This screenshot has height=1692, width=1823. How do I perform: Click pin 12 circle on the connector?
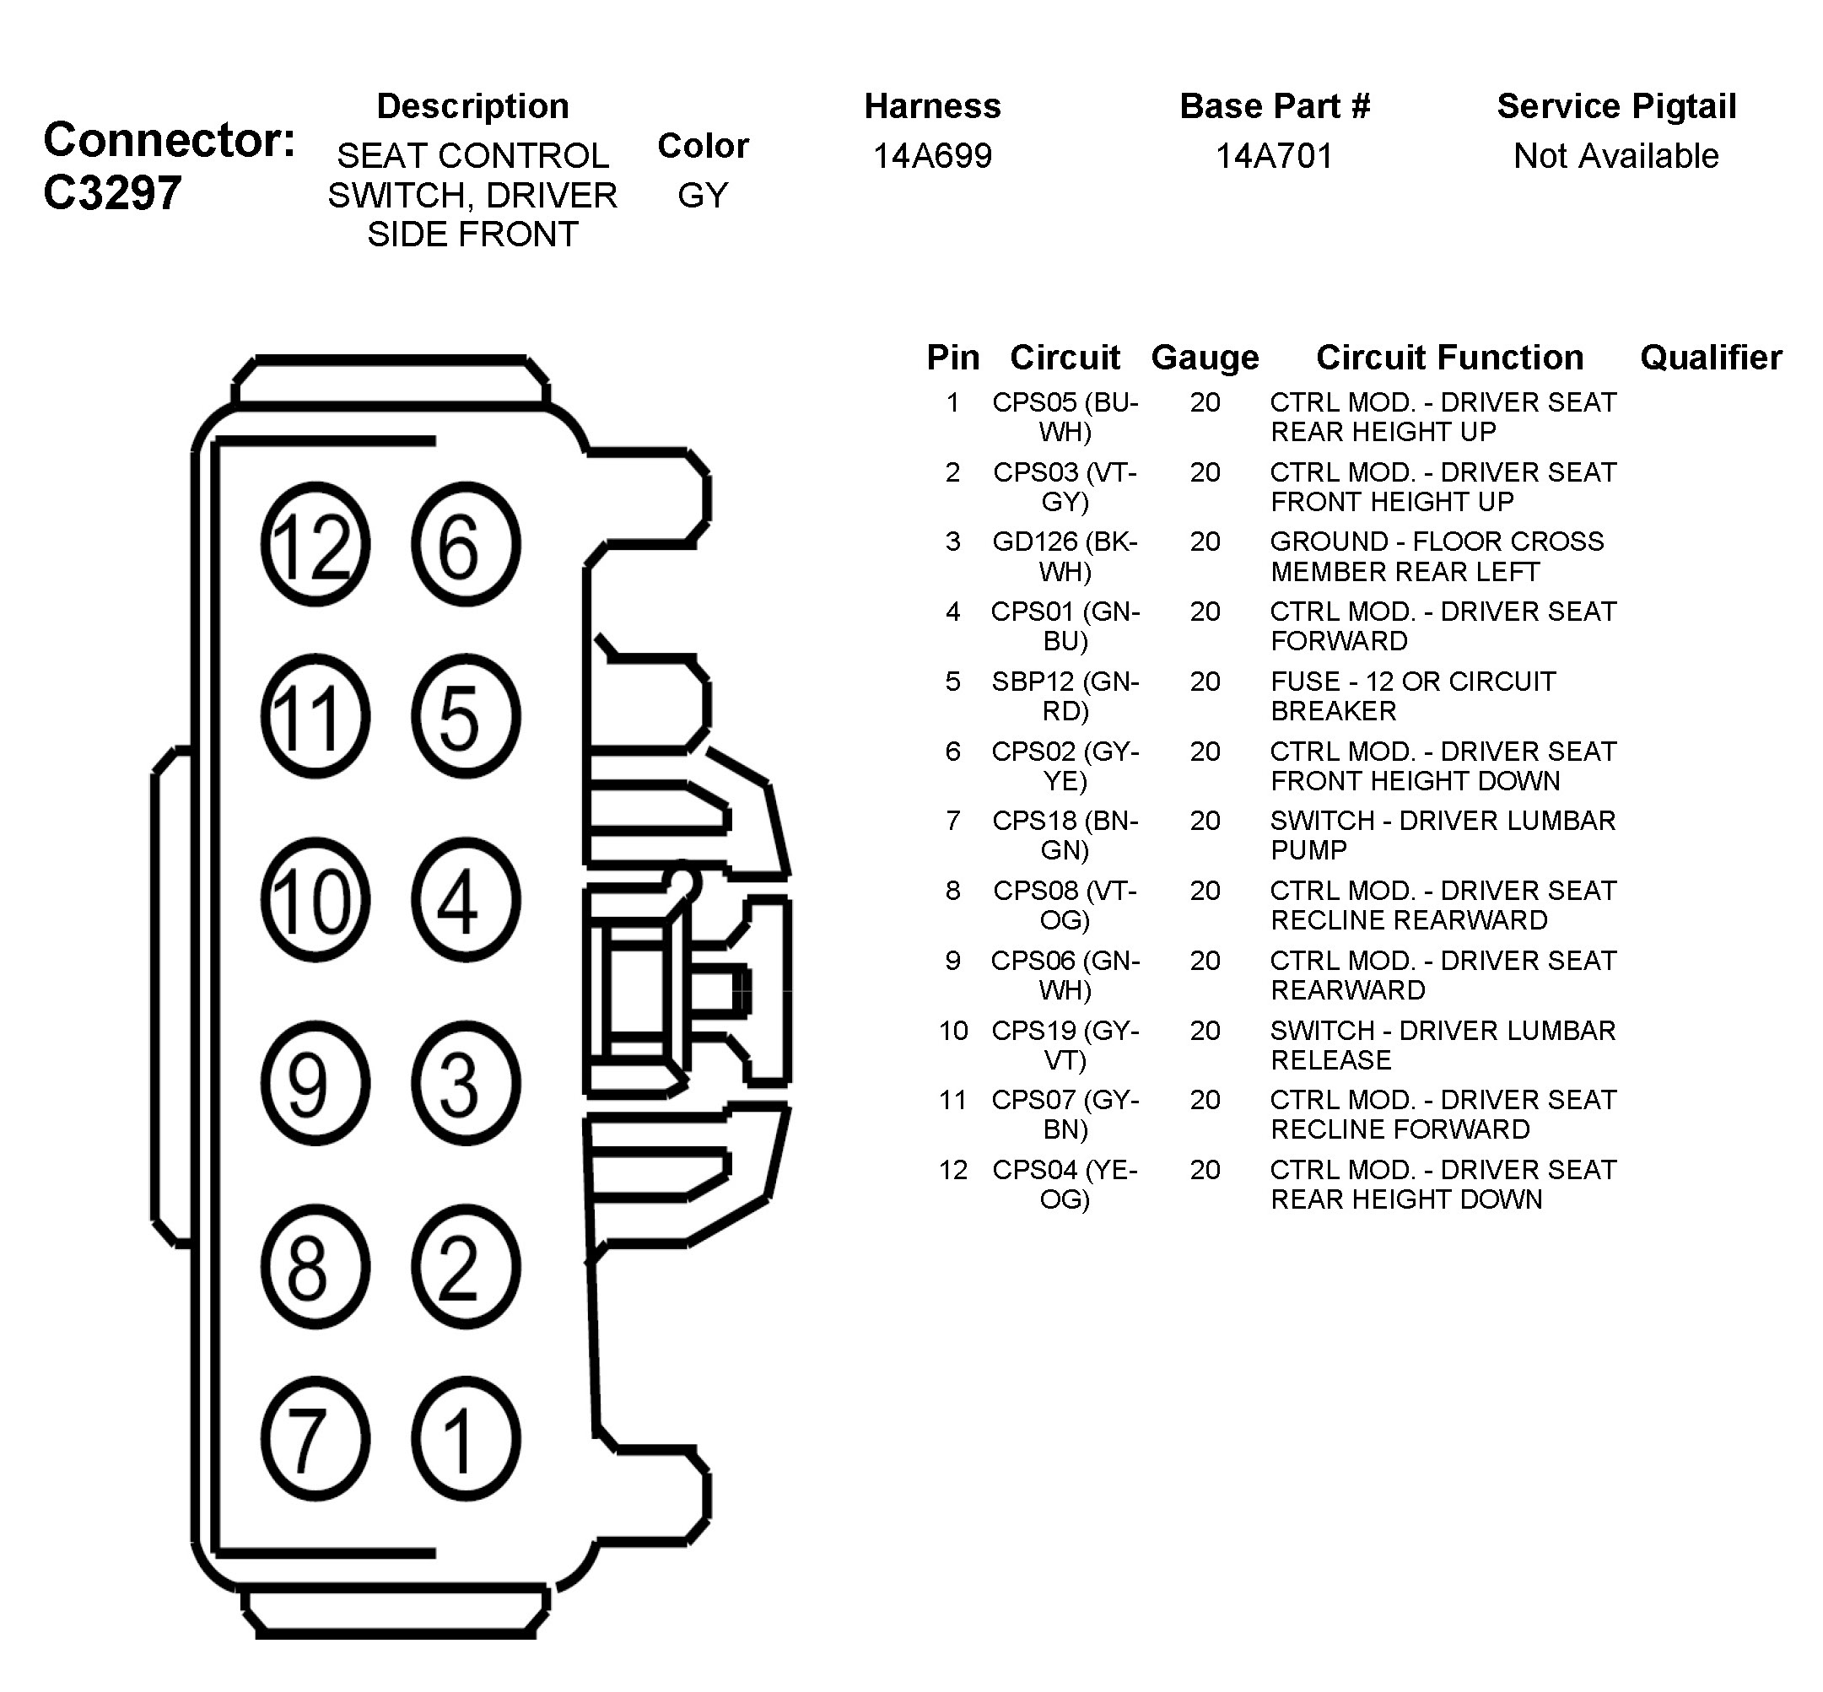315,545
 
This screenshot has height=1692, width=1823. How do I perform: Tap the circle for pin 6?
465,545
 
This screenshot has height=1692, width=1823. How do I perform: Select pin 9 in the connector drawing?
315,1083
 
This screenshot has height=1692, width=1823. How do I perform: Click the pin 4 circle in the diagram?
465,900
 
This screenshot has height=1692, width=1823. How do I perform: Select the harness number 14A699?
932,156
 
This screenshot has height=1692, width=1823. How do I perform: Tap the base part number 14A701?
1274,156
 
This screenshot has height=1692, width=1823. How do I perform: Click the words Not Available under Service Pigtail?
1616,156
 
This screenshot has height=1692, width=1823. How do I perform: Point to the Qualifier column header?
1710,357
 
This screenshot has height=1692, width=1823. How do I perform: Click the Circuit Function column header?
1449,357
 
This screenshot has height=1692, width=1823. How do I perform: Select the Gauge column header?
1205,357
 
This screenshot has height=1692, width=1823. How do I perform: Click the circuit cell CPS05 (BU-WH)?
1065,417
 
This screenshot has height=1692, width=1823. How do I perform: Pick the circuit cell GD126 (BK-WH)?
1065,556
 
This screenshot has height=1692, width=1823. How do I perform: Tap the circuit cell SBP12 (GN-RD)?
1065,696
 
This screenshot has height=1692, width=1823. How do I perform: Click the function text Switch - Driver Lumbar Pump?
1442,835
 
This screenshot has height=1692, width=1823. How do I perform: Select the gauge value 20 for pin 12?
1205,1170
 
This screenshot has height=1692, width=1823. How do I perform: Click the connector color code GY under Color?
702,195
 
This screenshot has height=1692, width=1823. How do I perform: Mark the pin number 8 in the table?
953,891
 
